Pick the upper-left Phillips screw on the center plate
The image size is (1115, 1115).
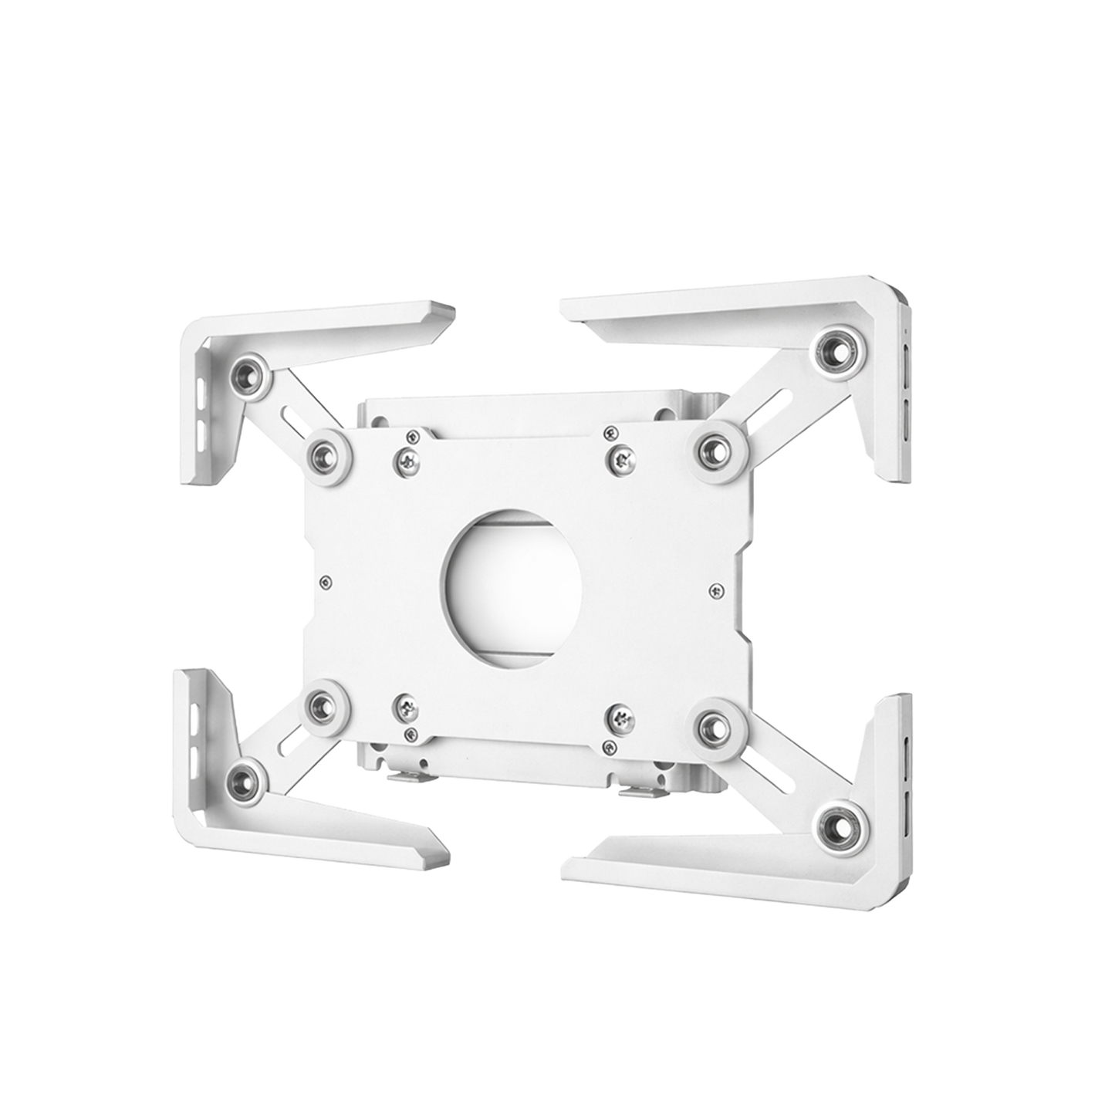tap(406, 461)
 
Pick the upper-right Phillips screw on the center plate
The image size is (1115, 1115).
tap(622, 461)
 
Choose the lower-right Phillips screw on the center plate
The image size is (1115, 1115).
tap(622, 718)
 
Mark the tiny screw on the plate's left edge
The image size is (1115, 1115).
tap(327, 580)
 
